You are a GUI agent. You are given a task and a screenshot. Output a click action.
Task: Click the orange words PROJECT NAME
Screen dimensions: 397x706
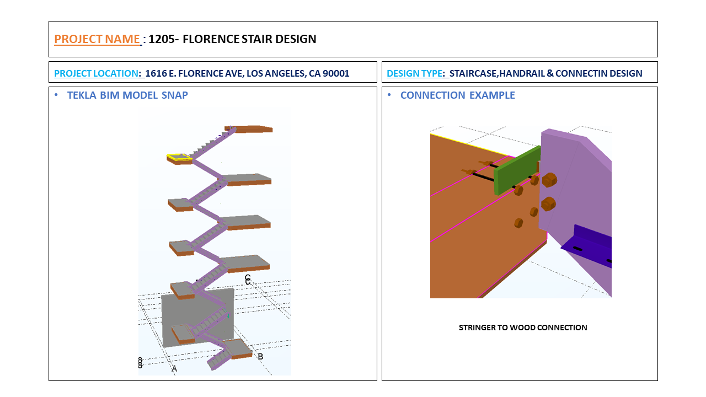97,39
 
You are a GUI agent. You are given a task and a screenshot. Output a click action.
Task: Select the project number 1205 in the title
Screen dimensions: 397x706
162,39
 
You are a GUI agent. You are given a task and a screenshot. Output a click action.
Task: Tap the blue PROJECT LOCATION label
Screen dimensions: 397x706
96,73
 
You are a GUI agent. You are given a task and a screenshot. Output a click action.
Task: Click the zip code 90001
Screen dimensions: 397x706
336,73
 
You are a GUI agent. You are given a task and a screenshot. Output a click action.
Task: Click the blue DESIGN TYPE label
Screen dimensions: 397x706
414,73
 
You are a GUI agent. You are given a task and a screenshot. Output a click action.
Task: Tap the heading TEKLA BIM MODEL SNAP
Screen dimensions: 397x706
127,95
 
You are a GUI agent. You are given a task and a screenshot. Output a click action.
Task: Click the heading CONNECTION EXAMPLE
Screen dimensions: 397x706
457,95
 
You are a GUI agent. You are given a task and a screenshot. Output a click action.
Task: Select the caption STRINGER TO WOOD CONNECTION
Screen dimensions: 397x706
523,328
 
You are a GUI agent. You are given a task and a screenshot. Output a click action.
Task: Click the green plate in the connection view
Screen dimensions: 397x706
515,171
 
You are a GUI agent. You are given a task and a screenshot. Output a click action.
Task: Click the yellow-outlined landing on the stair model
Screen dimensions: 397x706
180,159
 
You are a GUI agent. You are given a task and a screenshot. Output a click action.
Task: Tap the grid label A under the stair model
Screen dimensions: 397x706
174,368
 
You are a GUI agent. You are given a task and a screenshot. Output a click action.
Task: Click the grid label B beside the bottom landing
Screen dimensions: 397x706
260,357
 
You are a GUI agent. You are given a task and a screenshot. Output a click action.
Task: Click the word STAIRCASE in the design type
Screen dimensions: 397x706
474,73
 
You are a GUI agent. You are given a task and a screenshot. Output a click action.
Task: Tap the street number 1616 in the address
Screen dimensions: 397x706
157,73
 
